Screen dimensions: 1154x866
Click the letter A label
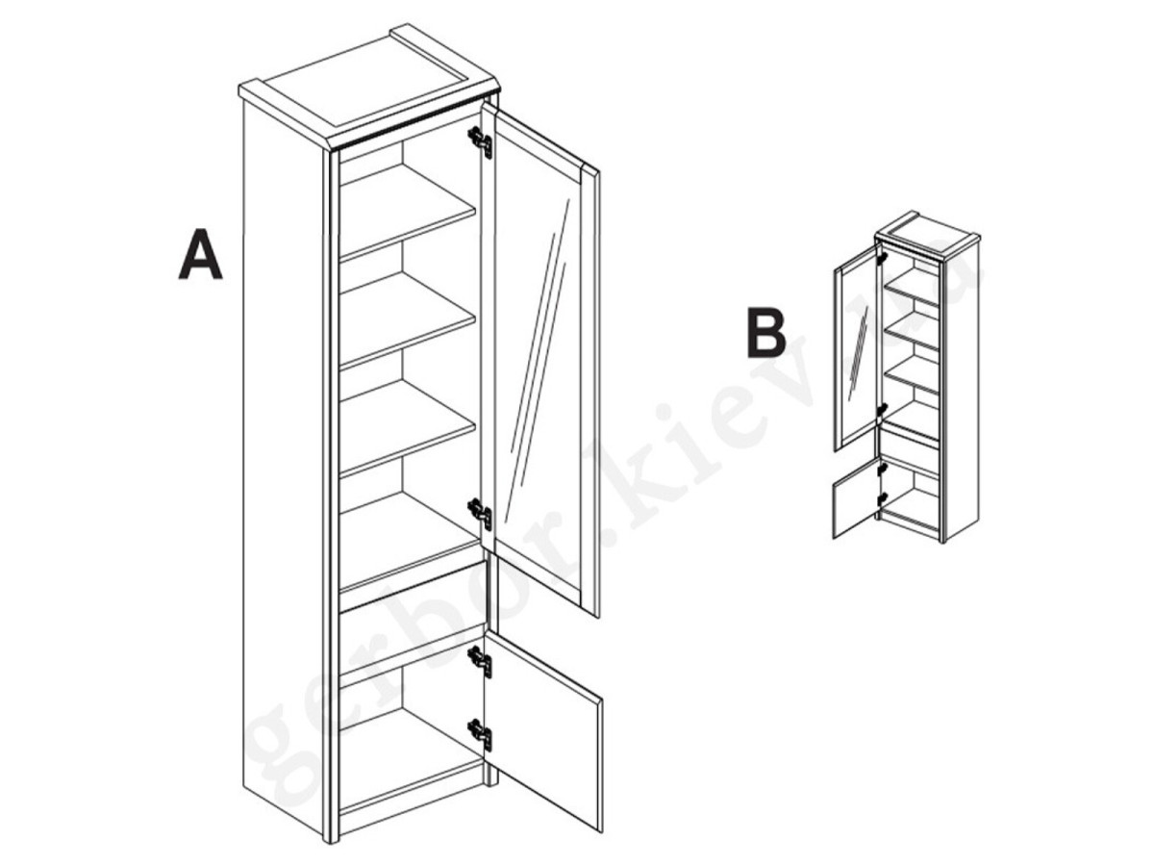click(200, 254)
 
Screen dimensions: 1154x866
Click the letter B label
click(766, 335)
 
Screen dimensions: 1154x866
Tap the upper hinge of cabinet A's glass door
click(480, 140)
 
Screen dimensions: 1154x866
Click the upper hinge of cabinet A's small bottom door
click(480, 661)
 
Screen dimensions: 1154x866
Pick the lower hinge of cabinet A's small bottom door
click(480, 733)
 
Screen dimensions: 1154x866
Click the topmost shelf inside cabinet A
click(408, 211)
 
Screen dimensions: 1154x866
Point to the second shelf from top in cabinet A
click(408, 318)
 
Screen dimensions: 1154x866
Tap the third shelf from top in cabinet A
click(408, 427)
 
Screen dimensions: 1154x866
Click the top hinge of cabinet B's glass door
click(882, 258)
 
